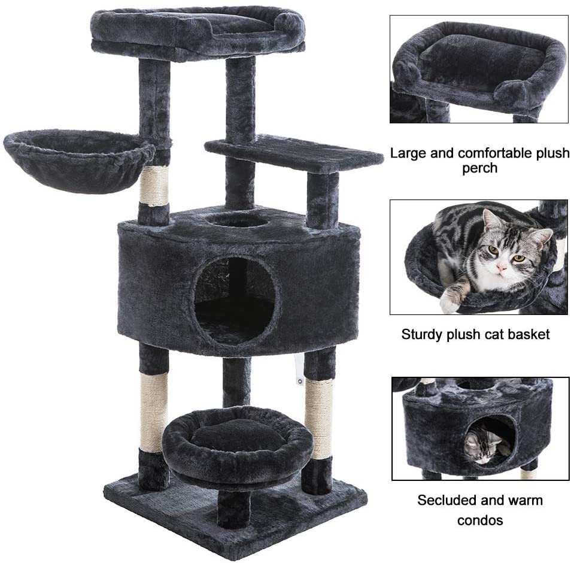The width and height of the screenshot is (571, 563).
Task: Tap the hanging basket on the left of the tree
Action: [x=78, y=161]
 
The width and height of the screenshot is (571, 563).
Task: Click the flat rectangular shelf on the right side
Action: [x=293, y=153]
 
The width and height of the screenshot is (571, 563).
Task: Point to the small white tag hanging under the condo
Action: [x=299, y=371]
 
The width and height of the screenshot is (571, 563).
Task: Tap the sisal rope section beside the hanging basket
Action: [x=154, y=186]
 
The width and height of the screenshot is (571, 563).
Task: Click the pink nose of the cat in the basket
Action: [x=502, y=268]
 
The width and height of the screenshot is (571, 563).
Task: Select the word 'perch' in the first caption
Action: [x=479, y=168]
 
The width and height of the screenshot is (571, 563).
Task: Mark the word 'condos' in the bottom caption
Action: [x=480, y=520]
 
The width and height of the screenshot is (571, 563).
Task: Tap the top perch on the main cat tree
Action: [x=198, y=32]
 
